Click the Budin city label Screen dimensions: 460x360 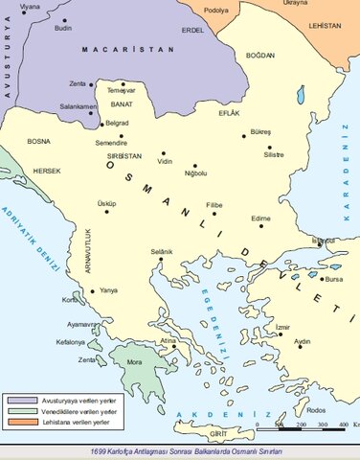(62, 29)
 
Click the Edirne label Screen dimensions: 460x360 (260, 218)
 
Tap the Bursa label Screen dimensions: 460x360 (333, 280)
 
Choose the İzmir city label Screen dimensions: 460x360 (281, 327)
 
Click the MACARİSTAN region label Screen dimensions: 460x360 (119, 48)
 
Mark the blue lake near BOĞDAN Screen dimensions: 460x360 (300, 95)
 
